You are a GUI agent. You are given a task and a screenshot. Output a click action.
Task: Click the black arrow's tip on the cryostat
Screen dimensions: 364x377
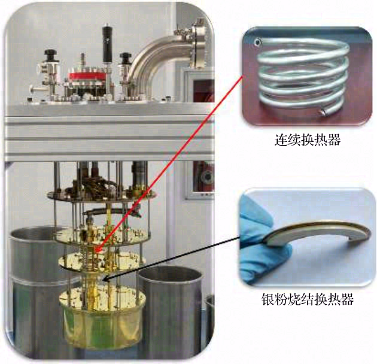click(x=103, y=280)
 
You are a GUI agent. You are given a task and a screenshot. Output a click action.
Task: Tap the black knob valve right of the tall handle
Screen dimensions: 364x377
click(x=126, y=60)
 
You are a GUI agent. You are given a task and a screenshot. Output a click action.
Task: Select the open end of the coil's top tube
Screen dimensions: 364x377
click(x=257, y=43)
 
